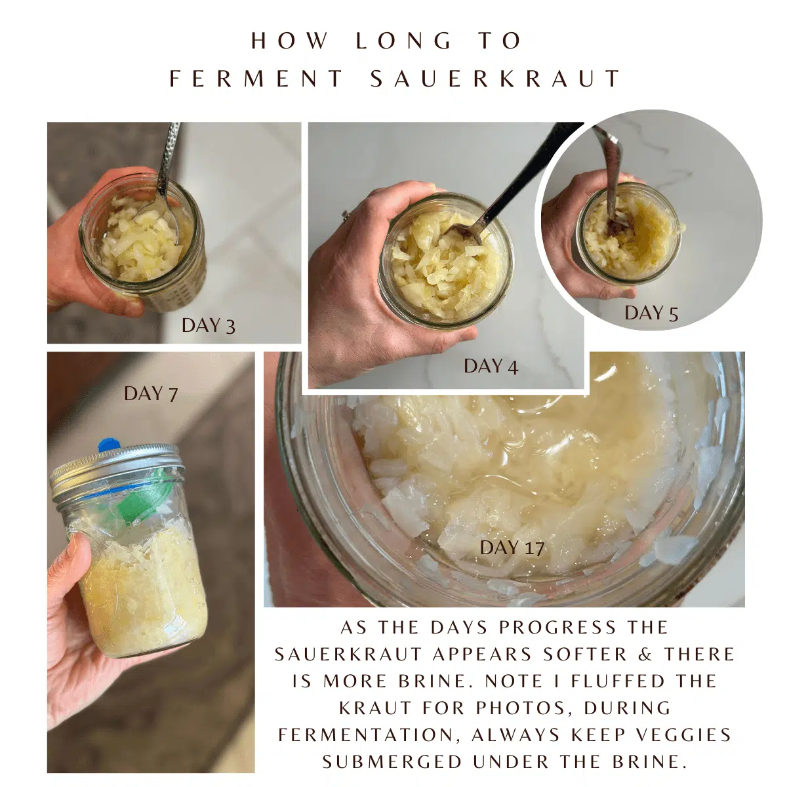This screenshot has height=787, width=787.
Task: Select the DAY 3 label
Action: [208, 325]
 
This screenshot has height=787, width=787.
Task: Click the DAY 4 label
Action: [491, 366]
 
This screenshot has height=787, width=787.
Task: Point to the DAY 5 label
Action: [651, 313]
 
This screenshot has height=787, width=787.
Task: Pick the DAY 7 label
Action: [151, 393]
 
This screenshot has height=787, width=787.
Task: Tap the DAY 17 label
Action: [512, 548]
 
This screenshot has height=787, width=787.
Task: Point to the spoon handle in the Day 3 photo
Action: [169, 157]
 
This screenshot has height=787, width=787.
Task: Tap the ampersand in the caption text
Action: [645, 654]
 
